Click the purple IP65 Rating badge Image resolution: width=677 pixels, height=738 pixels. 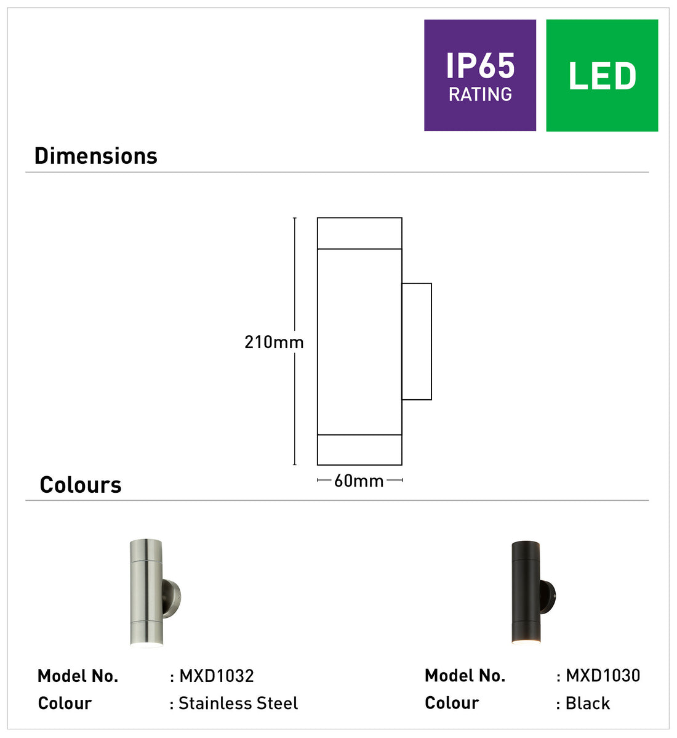coord(480,75)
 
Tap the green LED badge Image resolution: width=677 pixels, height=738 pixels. coord(602,75)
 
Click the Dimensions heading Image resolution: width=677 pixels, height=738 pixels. coord(96,156)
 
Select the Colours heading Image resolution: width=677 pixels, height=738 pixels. coord(81,485)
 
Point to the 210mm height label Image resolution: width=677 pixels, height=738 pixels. coord(274,342)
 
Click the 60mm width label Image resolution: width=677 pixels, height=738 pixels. coord(359,481)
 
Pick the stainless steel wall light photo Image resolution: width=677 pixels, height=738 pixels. coord(155,593)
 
